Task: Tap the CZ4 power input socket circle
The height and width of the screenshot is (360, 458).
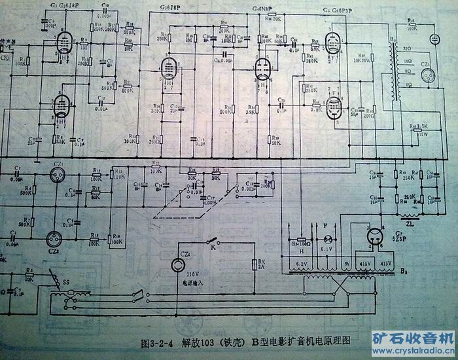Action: [177, 264]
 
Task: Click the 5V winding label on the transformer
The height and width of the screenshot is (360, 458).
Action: [347, 263]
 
